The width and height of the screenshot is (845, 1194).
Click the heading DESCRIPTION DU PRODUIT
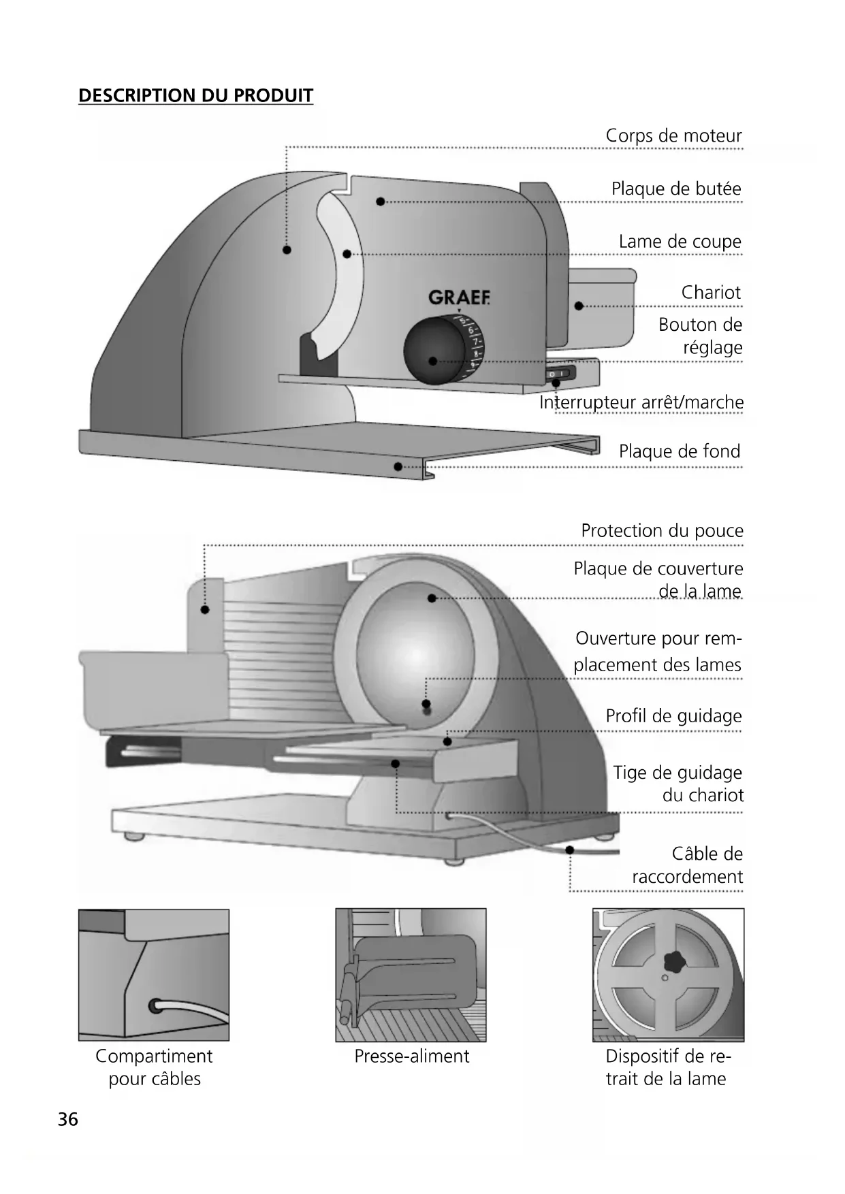tap(196, 95)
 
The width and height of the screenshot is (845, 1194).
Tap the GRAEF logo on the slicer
tap(459, 298)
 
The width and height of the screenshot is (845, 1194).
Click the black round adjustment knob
tap(433, 351)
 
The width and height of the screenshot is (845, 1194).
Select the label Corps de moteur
tap(673, 136)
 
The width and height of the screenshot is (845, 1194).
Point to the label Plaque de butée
tap(676, 189)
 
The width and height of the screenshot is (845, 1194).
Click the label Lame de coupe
tap(680, 242)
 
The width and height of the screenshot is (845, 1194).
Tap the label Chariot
tap(711, 293)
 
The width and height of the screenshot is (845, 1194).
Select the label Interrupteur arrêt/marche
tap(641, 402)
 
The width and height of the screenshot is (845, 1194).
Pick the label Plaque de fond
tap(679, 451)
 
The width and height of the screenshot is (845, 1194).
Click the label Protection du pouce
tap(662, 531)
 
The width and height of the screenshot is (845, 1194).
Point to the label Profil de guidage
tap(673, 716)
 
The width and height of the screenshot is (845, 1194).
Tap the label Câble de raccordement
tap(688, 865)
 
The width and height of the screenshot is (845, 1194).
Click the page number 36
tap(68, 1120)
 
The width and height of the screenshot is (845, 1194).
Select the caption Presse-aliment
tap(412, 1056)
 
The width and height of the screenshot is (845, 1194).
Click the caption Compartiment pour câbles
tap(155, 1067)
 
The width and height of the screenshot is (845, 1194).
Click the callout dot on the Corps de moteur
tap(287, 250)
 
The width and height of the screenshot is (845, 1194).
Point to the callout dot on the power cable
tap(570, 850)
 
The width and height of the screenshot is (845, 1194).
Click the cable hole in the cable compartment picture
tap(156, 1004)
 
